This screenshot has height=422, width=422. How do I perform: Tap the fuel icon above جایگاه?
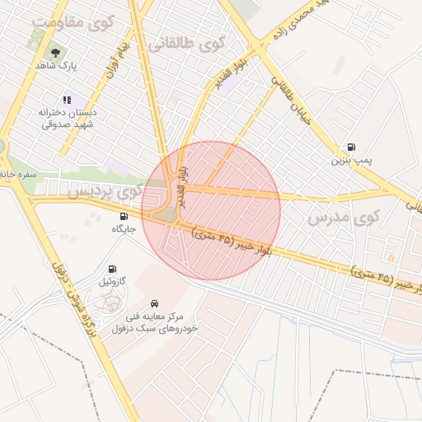click(x=124, y=217)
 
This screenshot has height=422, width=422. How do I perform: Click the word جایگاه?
click(x=124, y=229)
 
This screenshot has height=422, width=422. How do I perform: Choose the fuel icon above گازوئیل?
click(x=112, y=269)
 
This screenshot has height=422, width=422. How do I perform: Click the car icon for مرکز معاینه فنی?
click(x=155, y=302)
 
